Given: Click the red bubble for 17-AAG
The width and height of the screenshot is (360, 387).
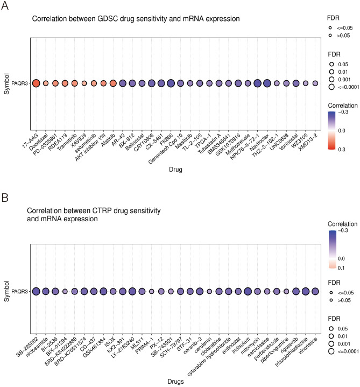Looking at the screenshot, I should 36,83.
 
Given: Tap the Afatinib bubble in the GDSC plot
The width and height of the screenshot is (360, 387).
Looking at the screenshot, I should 113,83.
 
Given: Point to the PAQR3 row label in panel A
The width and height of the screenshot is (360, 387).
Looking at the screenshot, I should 20,83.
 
